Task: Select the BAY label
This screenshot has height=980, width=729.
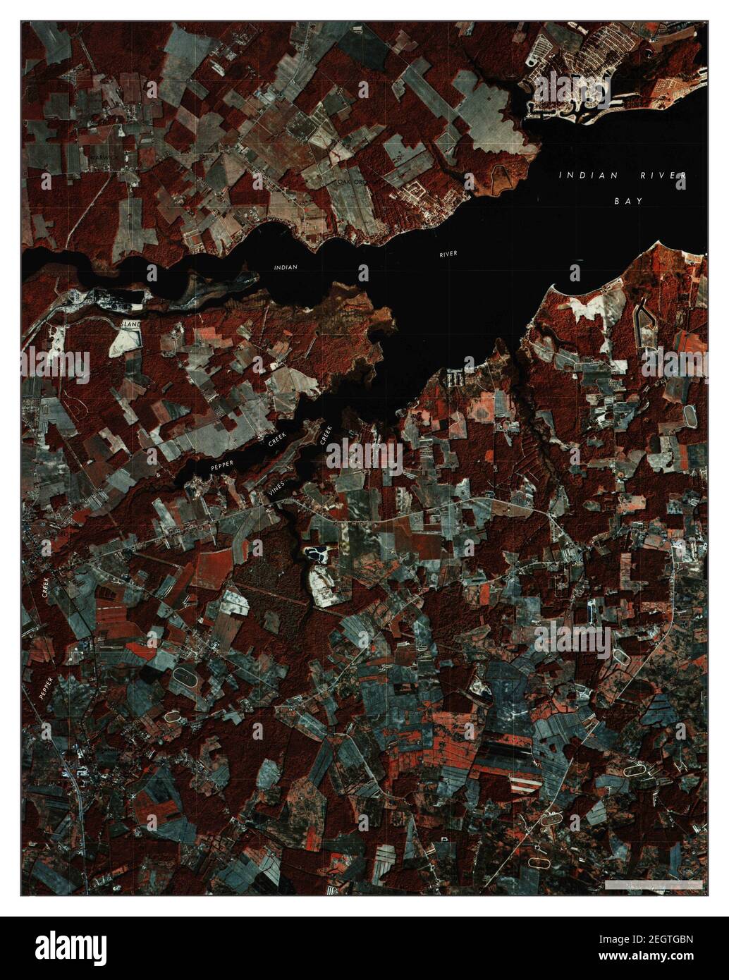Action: point(627,201)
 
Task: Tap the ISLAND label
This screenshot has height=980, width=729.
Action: point(130,324)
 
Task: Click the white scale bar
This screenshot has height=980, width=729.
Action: point(653,883)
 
